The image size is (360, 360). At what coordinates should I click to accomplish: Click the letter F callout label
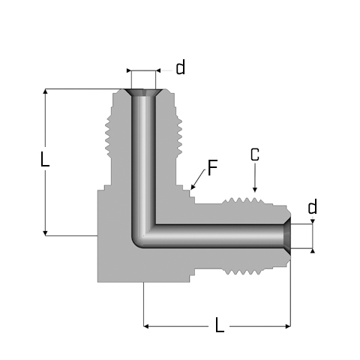(x=213, y=168)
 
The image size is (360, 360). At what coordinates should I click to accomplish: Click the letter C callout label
(x=255, y=154)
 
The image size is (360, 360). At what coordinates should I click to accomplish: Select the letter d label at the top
(x=181, y=67)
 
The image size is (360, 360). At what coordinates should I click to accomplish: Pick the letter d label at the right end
(x=313, y=206)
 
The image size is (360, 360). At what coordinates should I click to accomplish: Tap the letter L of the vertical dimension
(x=45, y=159)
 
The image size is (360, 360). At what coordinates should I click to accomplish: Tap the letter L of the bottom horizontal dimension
(x=220, y=325)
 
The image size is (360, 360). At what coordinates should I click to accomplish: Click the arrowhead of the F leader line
(x=192, y=187)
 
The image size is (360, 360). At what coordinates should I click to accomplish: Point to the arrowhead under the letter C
(x=255, y=190)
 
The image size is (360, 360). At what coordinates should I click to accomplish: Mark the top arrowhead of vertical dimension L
(x=45, y=91)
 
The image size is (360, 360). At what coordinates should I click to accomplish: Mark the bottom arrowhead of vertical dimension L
(x=45, y=233)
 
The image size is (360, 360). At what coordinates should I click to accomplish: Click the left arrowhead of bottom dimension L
(x=146, y=326)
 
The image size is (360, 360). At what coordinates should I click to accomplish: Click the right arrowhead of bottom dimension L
(x=288, y=326)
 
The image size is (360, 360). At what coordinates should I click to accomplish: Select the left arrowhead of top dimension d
(x=129, y=70)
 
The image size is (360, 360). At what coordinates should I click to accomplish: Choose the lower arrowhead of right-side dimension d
(x=313, y=250)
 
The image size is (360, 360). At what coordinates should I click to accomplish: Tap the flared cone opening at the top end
(x=143, y=92)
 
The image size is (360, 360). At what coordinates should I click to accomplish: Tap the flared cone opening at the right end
(x=288, y=236)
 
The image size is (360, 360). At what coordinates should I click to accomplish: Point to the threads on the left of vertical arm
(x=109, y=136)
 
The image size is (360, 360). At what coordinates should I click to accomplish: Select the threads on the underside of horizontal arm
(x=244, y=271)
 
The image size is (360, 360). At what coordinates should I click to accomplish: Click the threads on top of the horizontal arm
(x=242, y=200)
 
